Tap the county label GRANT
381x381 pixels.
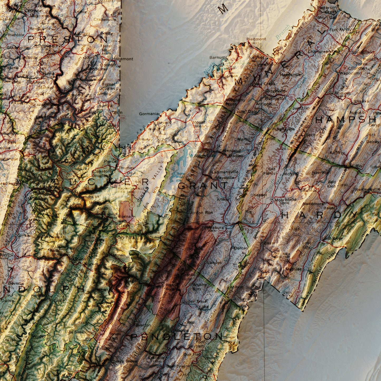click(203, 185)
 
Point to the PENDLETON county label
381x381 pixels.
click(177, 336)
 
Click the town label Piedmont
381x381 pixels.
click(256, 39)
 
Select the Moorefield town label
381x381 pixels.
click(285, 200)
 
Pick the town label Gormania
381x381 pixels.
click(149, 114)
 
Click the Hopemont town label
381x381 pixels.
click(122, 59)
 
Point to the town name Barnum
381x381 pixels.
click(218, 57)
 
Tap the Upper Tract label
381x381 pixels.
click(195, 301)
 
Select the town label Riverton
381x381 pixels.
click(142, 325)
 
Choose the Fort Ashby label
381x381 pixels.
click(340, 30)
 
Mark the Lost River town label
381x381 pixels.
click(332, 238)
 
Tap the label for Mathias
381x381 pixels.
click(293, 269)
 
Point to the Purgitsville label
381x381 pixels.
click(284, 129)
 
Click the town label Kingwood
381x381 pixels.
click(46, 46)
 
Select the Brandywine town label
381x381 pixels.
click(178, 366)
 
